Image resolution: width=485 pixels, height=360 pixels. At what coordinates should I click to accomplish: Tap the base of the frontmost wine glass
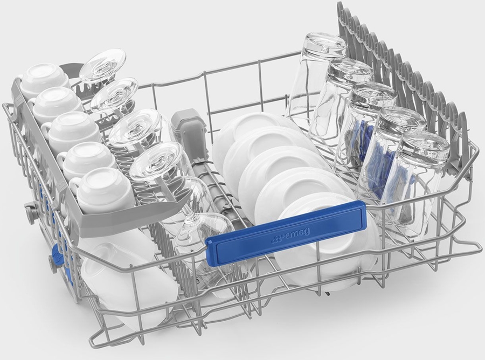click(x=157, y=161)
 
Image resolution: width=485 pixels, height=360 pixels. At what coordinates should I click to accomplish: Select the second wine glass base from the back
click(x=114, y=94)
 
